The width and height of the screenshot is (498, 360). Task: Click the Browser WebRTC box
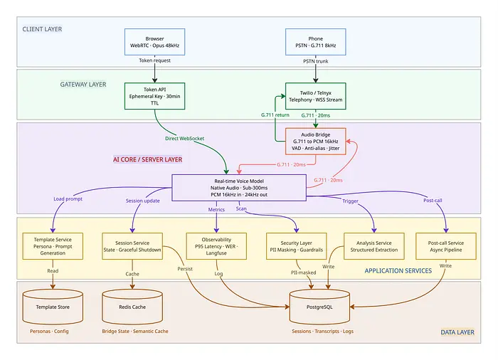[x=154, y=42]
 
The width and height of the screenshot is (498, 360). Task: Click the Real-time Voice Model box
[x=238, y=186]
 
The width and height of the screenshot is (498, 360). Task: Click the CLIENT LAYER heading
[x=42, y=29]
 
